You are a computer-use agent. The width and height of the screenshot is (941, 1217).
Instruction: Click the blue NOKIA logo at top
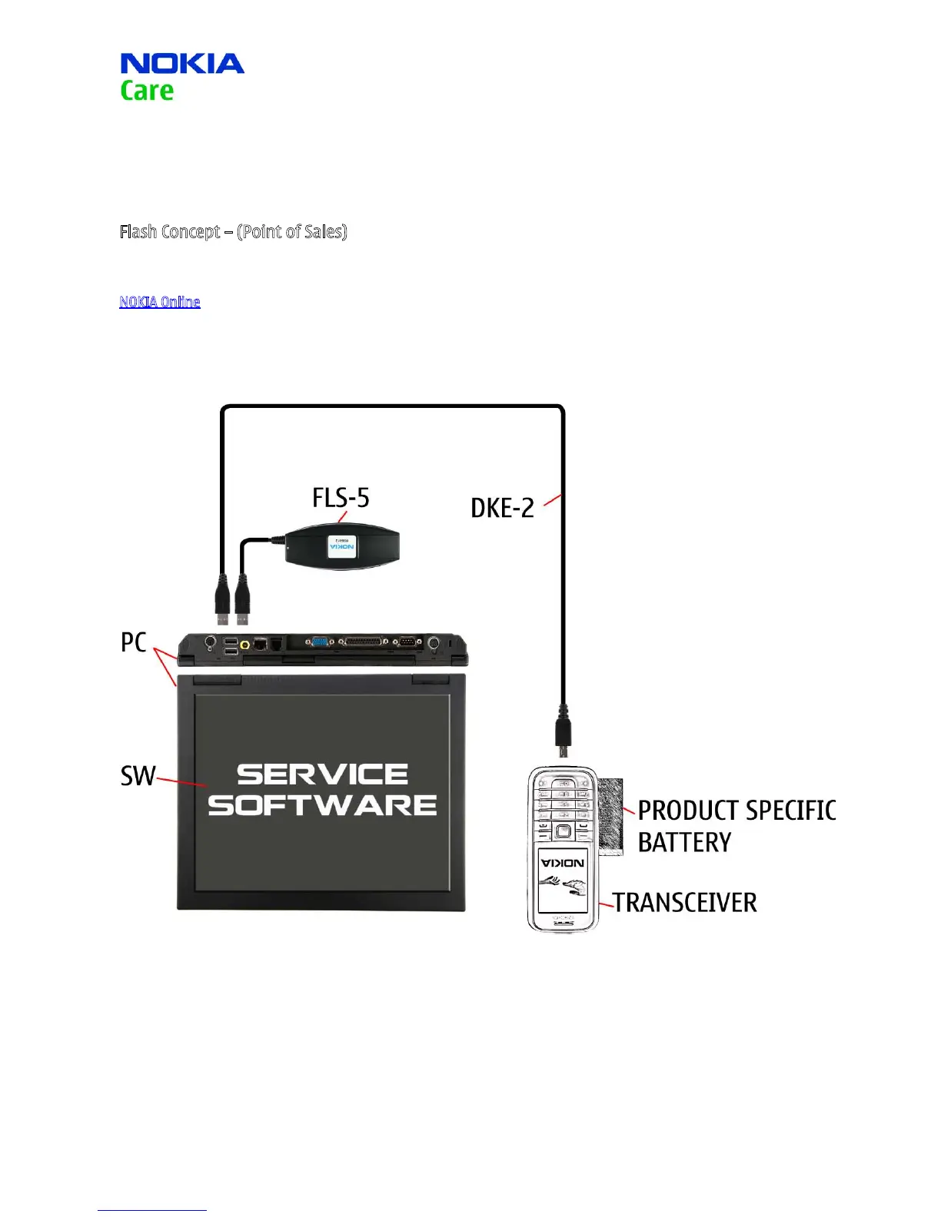point(182,64)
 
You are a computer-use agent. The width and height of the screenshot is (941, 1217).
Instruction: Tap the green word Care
point(147,91)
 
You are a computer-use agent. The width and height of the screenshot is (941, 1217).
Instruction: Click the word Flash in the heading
point(138,231)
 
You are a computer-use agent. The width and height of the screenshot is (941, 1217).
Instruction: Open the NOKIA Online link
point(160,302)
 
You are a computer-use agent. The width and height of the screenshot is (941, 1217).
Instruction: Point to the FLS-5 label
point(341,498)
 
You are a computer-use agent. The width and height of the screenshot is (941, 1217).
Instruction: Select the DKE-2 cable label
point(502,508)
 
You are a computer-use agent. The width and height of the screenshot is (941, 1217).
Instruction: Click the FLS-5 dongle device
point(342,545)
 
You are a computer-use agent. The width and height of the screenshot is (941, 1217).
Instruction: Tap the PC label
point(133,642)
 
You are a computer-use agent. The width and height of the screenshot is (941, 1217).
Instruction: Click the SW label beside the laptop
point(138,776)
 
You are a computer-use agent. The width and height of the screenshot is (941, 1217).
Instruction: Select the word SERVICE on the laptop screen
point(323,774)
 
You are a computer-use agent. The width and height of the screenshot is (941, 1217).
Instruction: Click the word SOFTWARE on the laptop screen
point(323,805)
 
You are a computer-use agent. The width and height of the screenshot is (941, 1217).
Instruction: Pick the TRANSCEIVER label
point(685,903)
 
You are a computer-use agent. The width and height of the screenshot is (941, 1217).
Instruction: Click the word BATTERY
point(684,843)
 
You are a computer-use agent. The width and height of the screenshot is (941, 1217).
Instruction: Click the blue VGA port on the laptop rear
point(320,642)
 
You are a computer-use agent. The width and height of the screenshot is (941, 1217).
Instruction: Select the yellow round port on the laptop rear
point(245,645)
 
